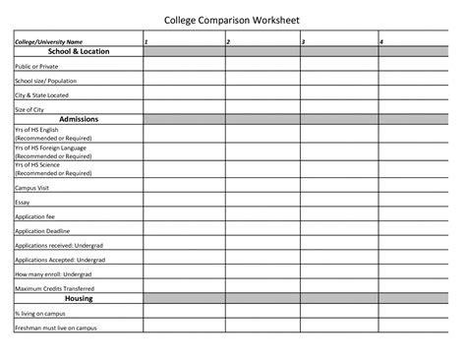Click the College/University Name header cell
pos(48,42)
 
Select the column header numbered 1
pos(146,42)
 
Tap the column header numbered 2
pos(228,42)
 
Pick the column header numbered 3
pos(303,42)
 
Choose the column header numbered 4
pos(381,42)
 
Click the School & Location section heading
pos(78,51)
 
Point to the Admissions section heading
pos(78,119)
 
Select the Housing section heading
pos(78,297)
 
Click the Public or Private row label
pos(35,66)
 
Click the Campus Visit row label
pos(31,186)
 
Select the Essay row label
pos(23,202)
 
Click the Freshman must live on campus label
pos(56,327)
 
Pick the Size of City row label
pos(30,110)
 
